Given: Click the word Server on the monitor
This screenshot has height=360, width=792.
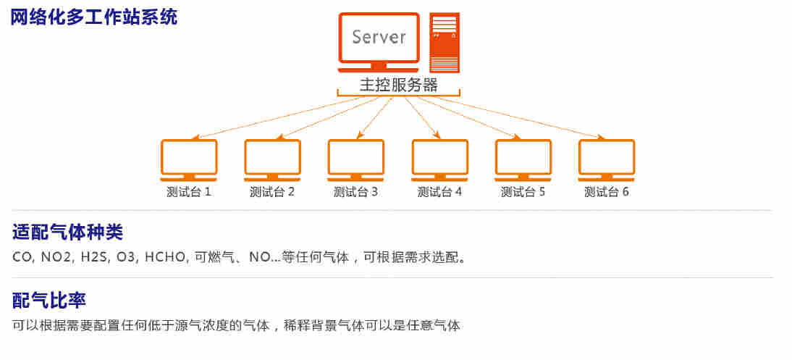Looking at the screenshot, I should coord(379,37).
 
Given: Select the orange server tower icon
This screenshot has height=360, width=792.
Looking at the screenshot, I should coord(444,43).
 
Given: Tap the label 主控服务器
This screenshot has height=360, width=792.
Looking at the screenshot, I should coord(399,85).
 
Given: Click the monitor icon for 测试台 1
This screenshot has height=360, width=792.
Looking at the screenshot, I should coord(189,159).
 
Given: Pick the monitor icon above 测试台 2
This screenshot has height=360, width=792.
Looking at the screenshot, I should coord(272,159).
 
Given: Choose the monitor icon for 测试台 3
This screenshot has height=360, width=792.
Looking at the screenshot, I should coord(355,159).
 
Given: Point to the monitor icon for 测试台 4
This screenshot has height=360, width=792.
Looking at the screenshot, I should coord(439,159).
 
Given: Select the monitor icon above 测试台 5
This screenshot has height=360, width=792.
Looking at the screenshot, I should coord(523,159).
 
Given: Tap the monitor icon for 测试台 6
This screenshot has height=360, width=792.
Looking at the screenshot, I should coord(607,159).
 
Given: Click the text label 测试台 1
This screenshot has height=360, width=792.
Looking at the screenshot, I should coord(188,192).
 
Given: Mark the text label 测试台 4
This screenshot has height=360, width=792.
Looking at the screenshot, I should coord(439,192).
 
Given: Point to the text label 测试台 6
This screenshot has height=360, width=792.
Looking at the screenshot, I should coord(607,192).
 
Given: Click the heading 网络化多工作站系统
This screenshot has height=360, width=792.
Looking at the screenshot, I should coord(93,17).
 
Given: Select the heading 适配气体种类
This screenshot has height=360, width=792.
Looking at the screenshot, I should coord(68,233).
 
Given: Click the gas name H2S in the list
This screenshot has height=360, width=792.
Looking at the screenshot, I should coord(93,257).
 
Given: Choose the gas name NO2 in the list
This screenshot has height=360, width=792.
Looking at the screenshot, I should coord(56,257).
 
